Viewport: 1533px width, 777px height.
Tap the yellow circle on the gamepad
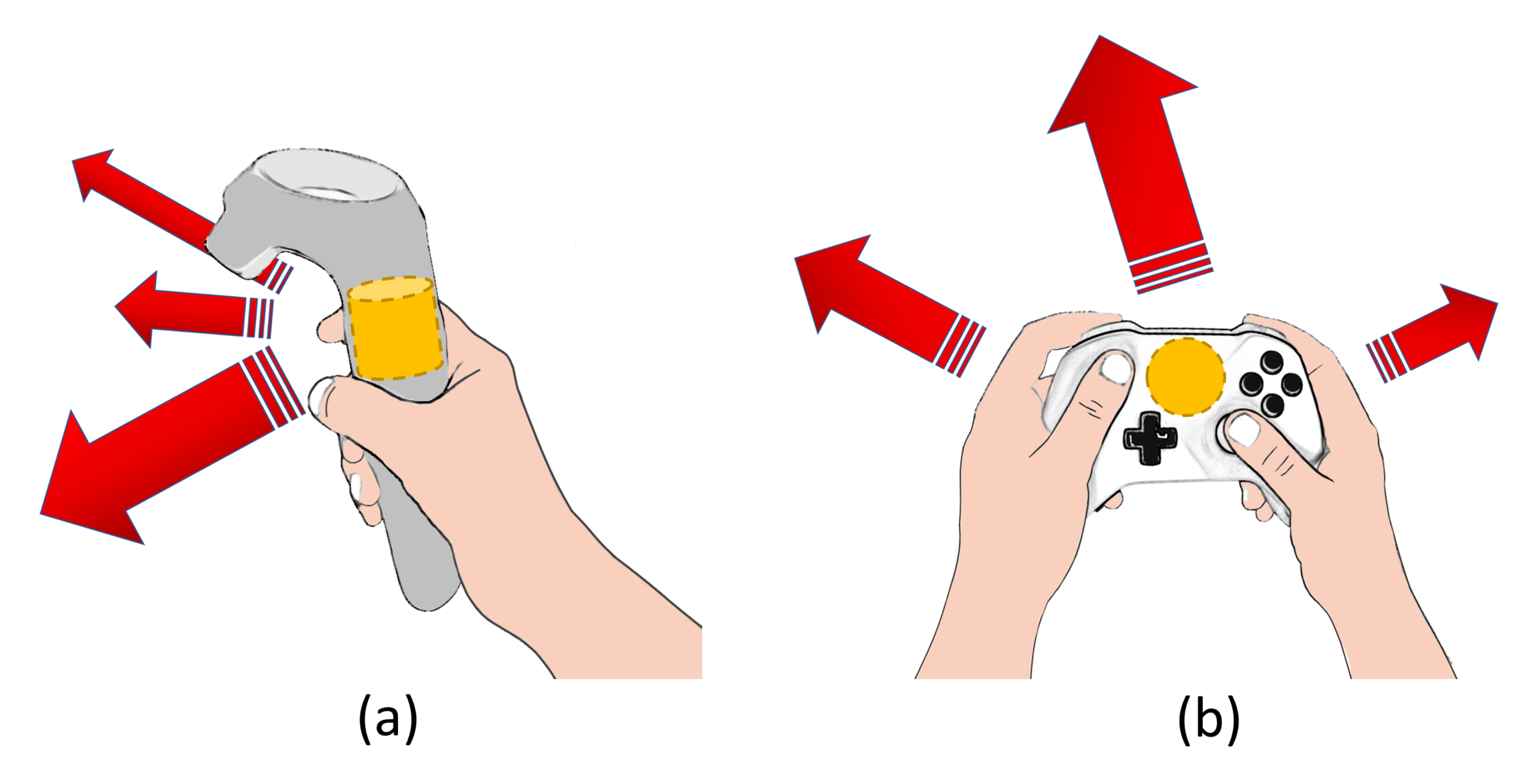tap(1186, 376)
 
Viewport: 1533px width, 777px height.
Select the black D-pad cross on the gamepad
tap(1150, 439)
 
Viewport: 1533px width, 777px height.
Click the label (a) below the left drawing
tap(388, 720)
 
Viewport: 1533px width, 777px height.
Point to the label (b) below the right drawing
tap(1209, 720)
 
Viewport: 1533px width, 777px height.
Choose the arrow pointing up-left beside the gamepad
tap(889, 305)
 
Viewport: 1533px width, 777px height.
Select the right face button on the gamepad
tap(1291, 384)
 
